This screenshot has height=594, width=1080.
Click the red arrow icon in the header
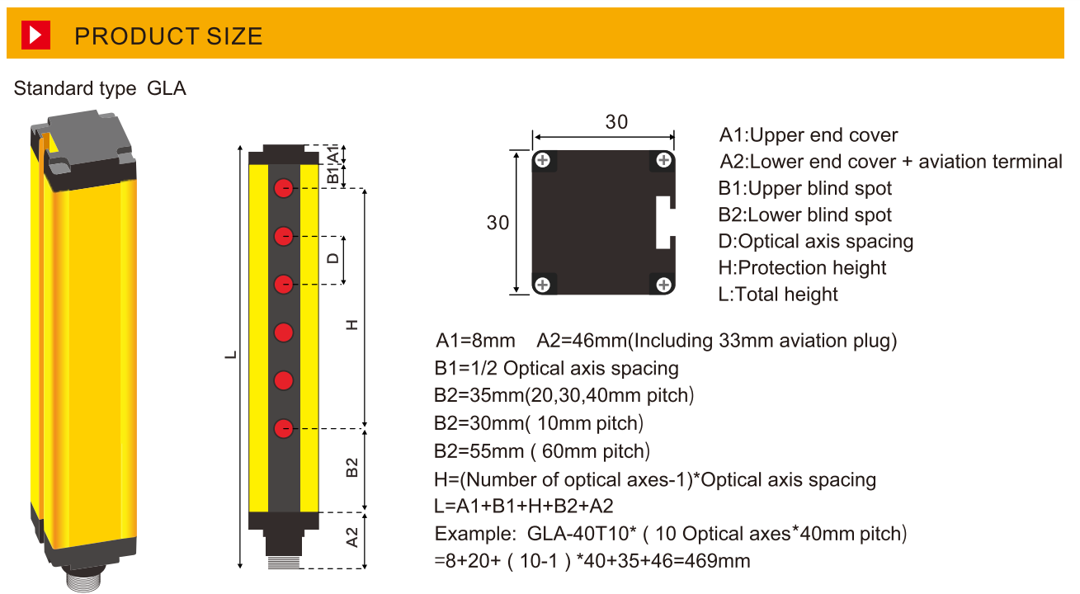[35, 35]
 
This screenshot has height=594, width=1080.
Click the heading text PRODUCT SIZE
[168, 36]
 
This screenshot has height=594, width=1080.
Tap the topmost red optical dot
[284, 188]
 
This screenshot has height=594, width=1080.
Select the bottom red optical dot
[284, 428]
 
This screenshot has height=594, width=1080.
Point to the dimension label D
[332, 258]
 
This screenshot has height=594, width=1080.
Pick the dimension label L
[232, 355]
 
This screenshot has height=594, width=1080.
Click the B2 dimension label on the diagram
[352, 467]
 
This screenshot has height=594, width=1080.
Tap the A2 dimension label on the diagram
[352, 539]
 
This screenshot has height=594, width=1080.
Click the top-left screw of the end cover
[542, 160]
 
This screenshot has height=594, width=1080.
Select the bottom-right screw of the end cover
[663, 285]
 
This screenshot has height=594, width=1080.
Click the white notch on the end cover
[665, 223]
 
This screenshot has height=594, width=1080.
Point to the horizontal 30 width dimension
[616, 122]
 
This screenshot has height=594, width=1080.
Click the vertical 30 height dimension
[498, 223]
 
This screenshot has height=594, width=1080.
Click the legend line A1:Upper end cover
[809, 135]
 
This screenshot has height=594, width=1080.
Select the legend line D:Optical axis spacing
[816, 242]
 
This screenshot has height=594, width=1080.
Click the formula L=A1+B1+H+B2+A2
[524, 506]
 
